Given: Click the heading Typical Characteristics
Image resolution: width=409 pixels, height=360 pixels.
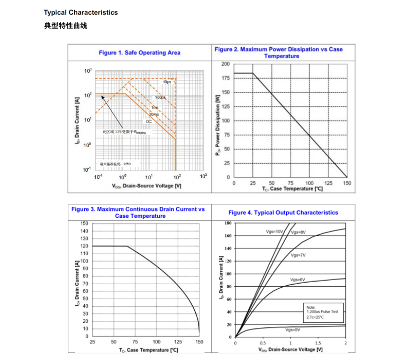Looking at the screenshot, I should point(81,13).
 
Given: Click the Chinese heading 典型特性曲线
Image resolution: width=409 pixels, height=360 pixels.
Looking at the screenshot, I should point(66,25).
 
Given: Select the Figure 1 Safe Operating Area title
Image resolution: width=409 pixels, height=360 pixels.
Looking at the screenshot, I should point(140,53).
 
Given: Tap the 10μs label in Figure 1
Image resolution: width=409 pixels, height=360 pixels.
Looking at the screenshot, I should point(167,82).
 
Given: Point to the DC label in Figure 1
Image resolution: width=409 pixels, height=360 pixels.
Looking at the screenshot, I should point(149,122).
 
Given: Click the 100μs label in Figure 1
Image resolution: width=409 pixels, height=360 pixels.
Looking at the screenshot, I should point(160,97).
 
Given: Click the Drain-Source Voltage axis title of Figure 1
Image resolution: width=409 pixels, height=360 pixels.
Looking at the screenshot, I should point(147,186).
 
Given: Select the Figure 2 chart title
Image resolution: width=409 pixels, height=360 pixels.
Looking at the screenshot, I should point(279,52).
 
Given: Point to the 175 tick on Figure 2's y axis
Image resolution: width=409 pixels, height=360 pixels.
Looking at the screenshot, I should point(225,78).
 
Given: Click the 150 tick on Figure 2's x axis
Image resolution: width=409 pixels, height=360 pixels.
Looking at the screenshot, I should point(347,183).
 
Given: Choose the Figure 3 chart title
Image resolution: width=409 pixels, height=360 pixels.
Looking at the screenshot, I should point(138,212).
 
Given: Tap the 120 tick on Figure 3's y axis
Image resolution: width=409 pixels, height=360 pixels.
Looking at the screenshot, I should point(85,246).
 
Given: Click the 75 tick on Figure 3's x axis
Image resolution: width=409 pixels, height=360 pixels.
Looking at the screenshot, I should point(135,342).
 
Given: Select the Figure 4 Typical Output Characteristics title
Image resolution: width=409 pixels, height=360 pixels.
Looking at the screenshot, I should point(283,213).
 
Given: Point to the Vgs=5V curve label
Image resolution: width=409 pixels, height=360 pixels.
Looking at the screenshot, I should point(293,330).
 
